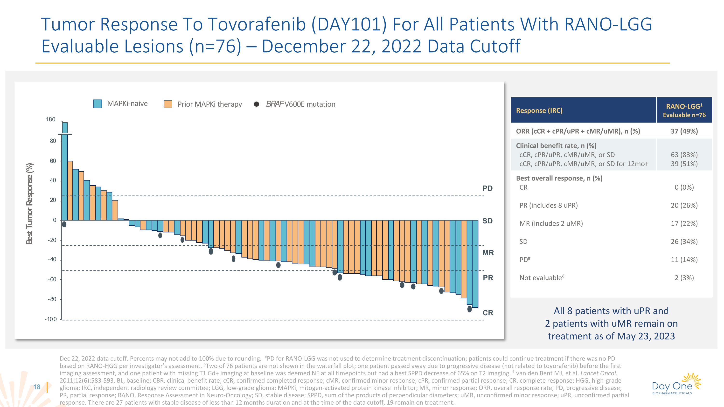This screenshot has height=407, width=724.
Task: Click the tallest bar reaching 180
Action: (65, 171)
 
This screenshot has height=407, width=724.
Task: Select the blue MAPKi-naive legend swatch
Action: (97, 104)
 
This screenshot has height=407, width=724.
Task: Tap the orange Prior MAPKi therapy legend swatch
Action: (168, 104)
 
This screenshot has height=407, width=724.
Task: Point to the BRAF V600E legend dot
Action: (256, 104)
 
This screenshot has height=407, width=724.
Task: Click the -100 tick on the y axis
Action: (51, 319)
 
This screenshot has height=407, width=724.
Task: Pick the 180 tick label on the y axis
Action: (51, 119)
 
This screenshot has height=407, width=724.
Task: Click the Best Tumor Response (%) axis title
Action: (29, 204)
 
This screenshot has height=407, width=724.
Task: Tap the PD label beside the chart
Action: (488, 188)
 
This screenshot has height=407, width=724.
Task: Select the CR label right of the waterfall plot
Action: (488, 313)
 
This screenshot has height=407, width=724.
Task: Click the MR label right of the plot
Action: (488, 253)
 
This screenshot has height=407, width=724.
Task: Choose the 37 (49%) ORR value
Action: (684, 131)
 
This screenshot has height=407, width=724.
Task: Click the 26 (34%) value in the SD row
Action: (684, 241)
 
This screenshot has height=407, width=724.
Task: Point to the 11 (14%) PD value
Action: (684, 260)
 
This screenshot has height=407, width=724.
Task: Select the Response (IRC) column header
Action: (539, 110)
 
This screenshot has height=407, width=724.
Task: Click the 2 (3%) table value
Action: (684, 278)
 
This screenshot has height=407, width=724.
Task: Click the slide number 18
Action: (37, 387)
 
